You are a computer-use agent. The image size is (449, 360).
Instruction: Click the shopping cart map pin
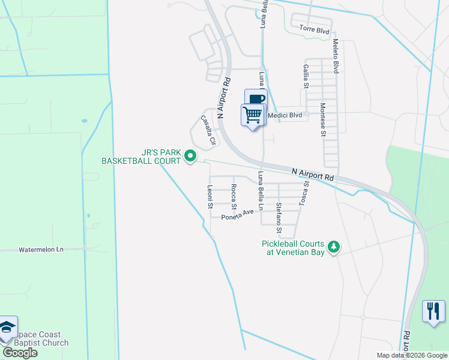click(x=253, y=114)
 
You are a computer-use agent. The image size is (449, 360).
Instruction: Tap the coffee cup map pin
click(x=256, y=99)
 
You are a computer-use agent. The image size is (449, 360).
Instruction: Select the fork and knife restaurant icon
click(x=433, y=311)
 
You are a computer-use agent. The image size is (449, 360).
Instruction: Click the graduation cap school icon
click(x=7, y=327)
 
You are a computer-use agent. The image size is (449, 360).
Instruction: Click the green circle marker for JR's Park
click(x=190, y=156)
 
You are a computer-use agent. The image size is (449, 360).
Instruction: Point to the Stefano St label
click(x=279, y=217)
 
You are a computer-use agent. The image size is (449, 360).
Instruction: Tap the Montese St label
click(x=323, y=119)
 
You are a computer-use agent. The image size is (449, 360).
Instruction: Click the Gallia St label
click(x=306, y=76)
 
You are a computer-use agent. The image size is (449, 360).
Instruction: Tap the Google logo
click(x=20, y=353)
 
